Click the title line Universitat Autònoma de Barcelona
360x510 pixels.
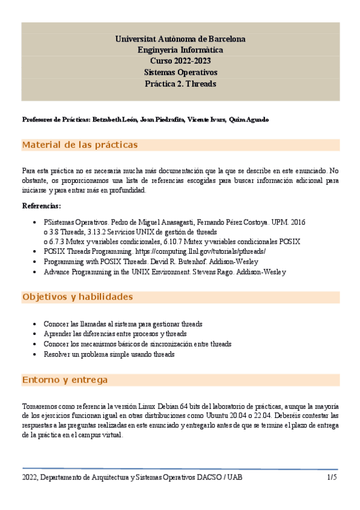pos(180,39)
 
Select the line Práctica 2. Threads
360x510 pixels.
pos(180,84)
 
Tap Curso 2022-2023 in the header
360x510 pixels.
pos(180,61)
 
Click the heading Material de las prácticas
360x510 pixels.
pos(80,145)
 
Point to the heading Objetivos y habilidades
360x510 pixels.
pos(78,297)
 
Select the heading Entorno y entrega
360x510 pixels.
pos(65,380)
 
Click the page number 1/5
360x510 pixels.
pos(332,477)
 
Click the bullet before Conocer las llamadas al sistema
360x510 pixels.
pos(37,324)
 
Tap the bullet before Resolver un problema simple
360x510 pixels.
pos(37,355)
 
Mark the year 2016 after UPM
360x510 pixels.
pos(298,222)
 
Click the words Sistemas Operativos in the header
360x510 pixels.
pos(180,72)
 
